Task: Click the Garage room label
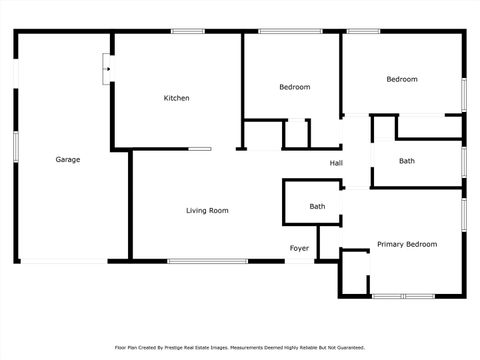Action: coord(68,160)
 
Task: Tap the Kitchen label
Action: coord(177,98)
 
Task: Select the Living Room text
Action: coord(207,211)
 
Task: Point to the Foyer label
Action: coord(299,248)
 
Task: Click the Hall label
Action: coord(336,163)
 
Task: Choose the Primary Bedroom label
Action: coord(406,244)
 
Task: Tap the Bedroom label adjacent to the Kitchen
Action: coord(294,87)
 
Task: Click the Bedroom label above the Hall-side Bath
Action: coord(402,79)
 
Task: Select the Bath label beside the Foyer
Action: coord(317,207)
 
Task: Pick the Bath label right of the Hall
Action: coord(407,161)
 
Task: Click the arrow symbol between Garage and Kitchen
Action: coord(107,69)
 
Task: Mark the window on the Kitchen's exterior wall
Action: coord(187,31)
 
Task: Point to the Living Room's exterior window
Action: coord(207,261)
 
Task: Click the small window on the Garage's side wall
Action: coord(15,145)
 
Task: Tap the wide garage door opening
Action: coord(64,261)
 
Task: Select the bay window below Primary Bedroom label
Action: coord(403,296)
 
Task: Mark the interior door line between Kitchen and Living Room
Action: coord(200,149)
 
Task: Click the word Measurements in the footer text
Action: coord(250,347)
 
